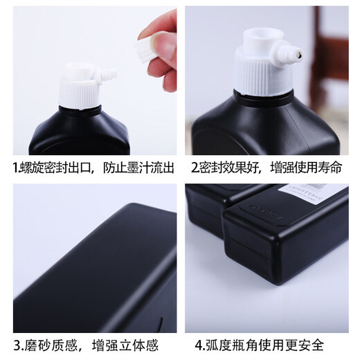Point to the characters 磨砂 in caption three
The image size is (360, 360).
(39, 343)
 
